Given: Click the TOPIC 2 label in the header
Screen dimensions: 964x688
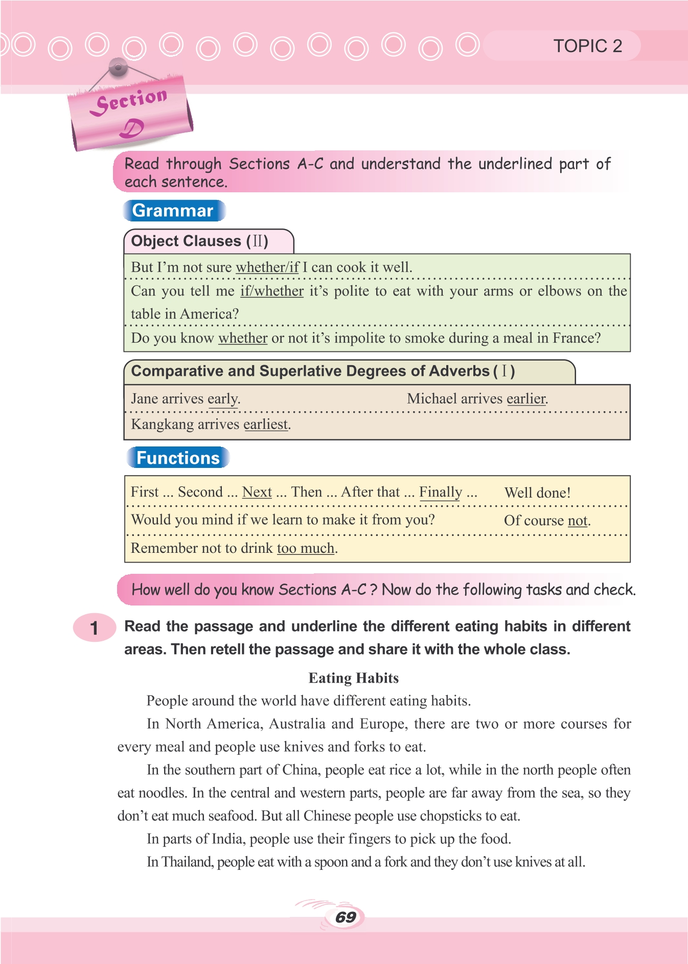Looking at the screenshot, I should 587,46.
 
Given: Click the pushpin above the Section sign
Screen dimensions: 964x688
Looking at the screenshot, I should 118,67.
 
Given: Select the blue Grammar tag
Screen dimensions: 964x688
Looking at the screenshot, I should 173,211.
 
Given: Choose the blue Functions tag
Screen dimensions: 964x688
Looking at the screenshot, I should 178,458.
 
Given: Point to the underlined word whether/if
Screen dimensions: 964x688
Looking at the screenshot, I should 267,267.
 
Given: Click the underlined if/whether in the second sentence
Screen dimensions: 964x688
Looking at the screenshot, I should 272,291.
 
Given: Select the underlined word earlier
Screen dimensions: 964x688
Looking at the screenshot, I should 526,399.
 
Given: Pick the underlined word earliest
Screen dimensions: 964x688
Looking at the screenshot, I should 266,424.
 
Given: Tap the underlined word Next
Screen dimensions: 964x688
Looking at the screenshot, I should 257,492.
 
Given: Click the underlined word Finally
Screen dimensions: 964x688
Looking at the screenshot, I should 440,492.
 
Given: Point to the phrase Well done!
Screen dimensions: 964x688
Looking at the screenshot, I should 537,493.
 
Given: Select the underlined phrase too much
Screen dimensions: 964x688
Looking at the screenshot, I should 306,548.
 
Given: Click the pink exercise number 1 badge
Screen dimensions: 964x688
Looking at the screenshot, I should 94,627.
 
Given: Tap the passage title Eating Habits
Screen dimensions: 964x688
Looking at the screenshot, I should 354,678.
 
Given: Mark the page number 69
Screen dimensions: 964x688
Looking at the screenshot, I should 346,917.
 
